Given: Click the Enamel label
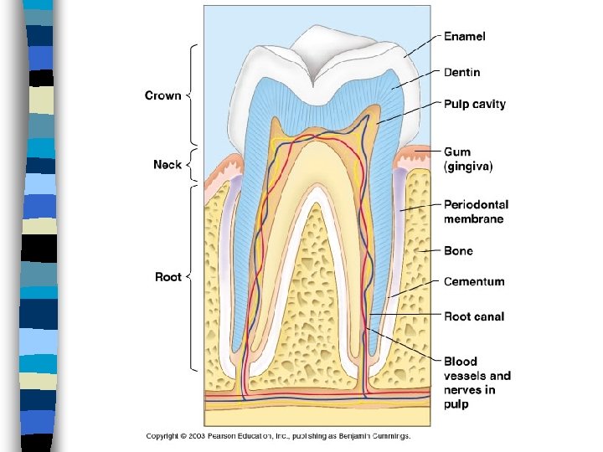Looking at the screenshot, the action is tap(464, 37).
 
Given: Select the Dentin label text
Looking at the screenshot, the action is tap(462, 73).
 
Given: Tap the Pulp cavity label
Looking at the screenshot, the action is tap(474, 105).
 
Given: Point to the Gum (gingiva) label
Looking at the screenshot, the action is tap(468, 159).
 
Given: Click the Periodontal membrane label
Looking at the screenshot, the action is tap(476, 212).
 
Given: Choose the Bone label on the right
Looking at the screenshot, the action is tap(458, 251).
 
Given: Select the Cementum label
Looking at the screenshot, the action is tap(474, 282).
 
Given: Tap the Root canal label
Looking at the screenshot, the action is tap(474, 317).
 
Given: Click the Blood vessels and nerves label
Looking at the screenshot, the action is tap(477, 383).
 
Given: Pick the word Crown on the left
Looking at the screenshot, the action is tap(162, 95).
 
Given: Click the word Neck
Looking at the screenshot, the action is tap(167, 165).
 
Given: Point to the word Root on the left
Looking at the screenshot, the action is tap(168, 277).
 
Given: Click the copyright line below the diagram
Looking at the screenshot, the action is tap(278, 436).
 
